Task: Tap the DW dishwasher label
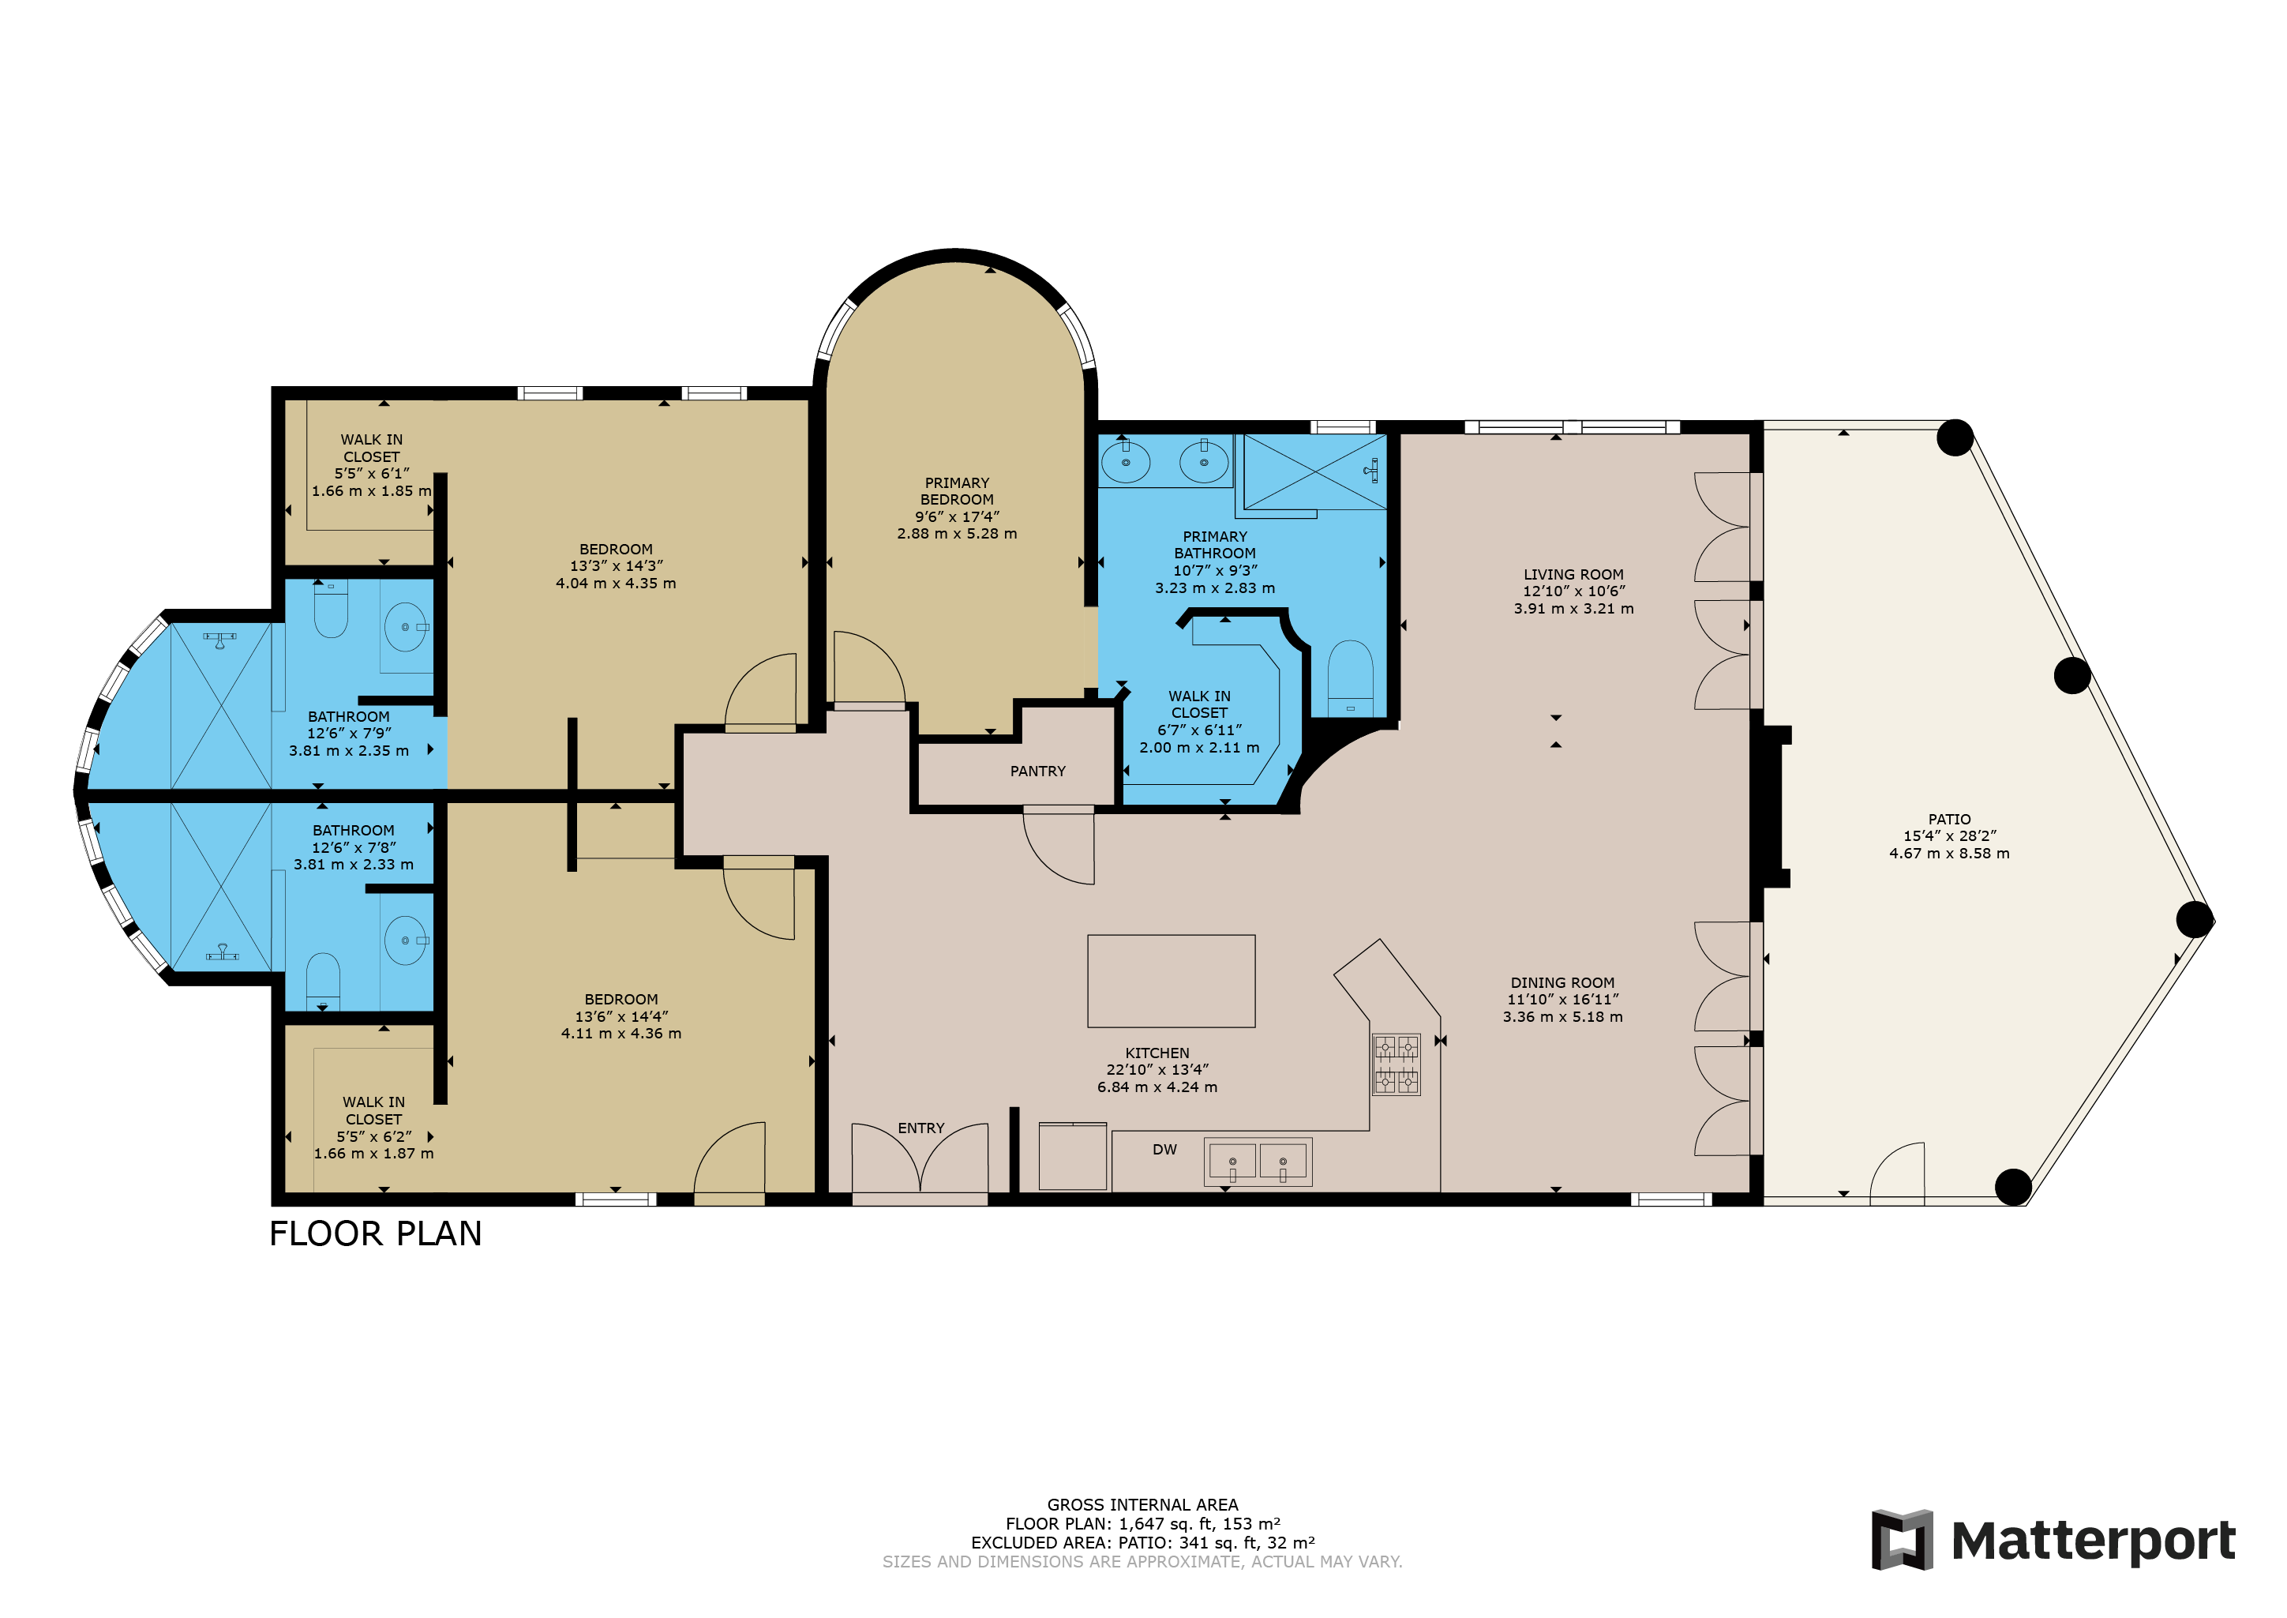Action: (1164, 1150)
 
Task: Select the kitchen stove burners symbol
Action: (1397, 1065)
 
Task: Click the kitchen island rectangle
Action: (1172, 981)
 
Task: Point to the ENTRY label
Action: (920, 1128)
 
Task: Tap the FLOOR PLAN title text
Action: (376, 1234)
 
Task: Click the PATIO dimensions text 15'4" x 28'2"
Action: (1949, 836)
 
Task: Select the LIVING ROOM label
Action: (1574, 574)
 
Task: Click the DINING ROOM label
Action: (1562, 982)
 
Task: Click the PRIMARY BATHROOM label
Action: (1214, 545)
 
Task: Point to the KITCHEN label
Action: (1157, 1053)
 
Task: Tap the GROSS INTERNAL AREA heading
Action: (1142, 1504)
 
